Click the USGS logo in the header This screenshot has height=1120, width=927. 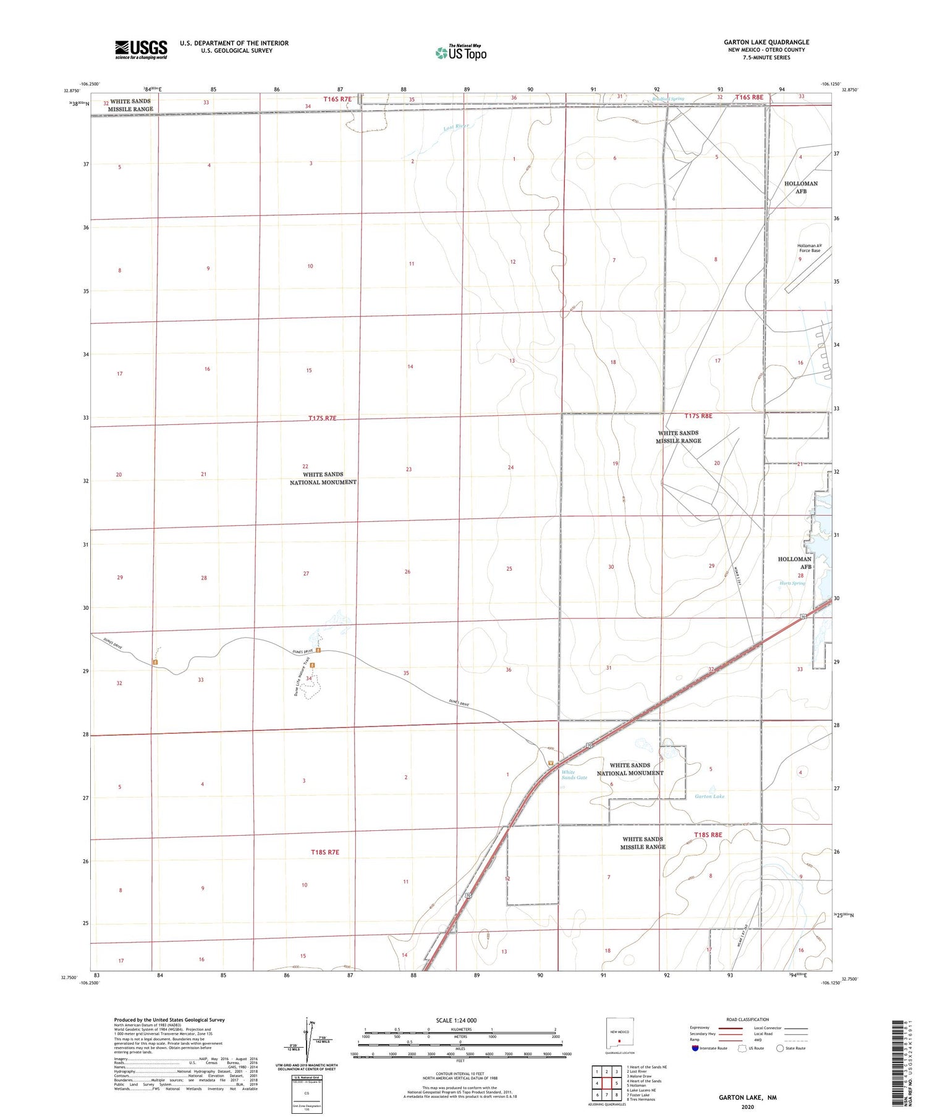(141, 49)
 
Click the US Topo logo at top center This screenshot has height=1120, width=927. (460, 53)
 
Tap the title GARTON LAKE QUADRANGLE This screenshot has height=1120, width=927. (766, 42)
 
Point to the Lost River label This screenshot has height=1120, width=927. (456, 127)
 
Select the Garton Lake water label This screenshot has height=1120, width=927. (709, 796)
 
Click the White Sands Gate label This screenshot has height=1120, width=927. (574, 775)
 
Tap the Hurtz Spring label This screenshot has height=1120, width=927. (792, 583)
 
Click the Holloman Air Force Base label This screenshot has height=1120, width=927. (809, 248)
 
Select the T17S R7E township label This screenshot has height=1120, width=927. (323, 418)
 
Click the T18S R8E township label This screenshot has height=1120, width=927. (708, 835)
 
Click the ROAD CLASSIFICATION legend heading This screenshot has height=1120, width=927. (748, 1019)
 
